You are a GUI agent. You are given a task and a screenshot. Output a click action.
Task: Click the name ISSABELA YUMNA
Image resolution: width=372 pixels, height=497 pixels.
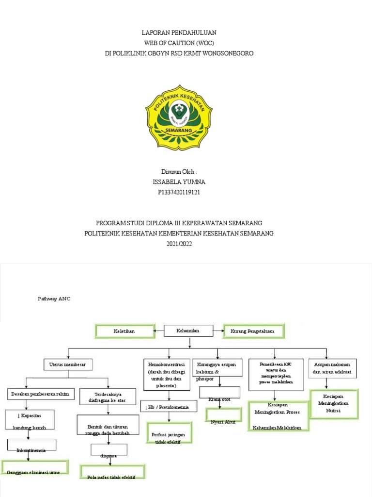click(179, 182)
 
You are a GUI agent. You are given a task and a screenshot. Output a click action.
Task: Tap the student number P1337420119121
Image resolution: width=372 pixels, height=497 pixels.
click(179, 192)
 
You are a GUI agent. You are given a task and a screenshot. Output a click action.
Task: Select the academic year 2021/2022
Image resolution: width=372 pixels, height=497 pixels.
click(179, 244)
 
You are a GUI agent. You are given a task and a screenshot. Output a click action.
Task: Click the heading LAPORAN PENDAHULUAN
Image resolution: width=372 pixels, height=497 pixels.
click(179, 33)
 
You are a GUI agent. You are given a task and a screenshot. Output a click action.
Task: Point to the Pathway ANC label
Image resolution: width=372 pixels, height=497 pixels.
click(54, 299)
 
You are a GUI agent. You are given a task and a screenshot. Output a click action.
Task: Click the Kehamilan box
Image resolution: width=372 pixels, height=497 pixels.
click(188, 331)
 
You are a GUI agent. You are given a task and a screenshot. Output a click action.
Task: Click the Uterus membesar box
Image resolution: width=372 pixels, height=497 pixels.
click(68, 364)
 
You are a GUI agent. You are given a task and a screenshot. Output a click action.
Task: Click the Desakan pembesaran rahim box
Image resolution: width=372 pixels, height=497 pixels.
click(41, 394)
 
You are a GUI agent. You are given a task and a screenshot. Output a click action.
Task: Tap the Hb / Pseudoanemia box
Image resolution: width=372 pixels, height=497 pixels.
click(168, 407)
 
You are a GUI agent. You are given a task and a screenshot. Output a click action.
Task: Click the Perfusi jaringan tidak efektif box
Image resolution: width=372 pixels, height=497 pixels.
click(168, 432)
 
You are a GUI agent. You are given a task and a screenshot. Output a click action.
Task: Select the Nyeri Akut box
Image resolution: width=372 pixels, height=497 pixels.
click(223, 416)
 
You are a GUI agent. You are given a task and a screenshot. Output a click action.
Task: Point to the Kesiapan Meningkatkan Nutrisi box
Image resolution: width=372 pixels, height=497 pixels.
click(333, 403)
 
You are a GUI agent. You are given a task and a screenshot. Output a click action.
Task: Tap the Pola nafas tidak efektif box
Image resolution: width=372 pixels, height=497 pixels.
click(112, 472)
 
